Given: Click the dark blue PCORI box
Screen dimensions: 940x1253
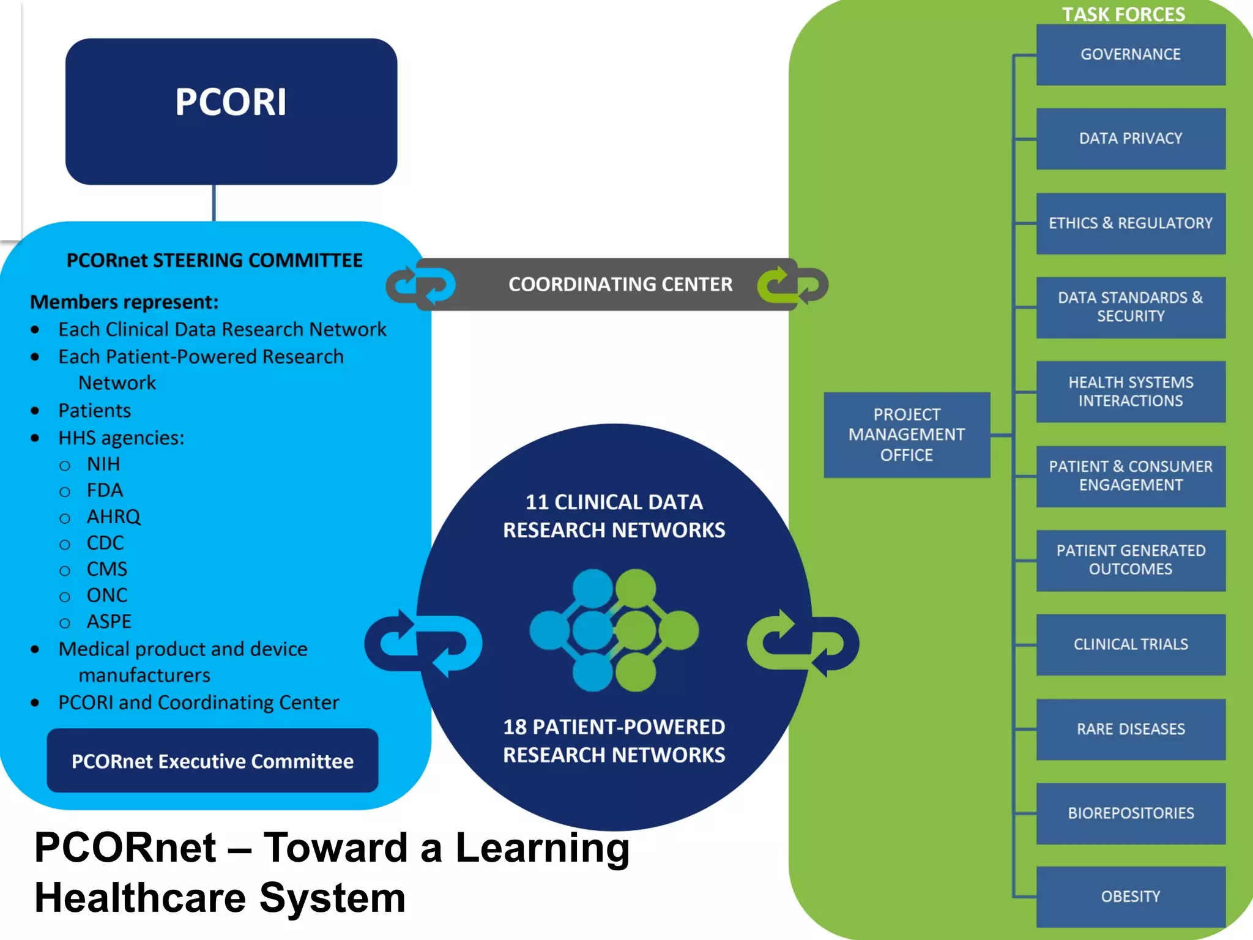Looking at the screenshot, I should click(x=231, y=111).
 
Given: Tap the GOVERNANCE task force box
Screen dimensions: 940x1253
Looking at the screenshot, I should click(x=1130, y=54).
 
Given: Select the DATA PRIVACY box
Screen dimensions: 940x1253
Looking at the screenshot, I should click(x=1130, y=139).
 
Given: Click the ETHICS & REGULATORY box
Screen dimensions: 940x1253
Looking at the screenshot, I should click(x=1130, y=223).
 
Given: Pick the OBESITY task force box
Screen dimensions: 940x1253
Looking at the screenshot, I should click(x=1130, y=897).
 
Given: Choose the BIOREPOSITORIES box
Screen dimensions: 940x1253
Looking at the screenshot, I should click(x=1130, y=813).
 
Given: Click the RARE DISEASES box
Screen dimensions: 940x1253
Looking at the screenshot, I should click(x=1130, y=729).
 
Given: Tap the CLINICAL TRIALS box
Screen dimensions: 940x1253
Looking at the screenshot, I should click(x=1130, y=644).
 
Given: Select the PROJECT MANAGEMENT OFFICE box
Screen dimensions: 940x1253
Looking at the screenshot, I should click(x=906, y=435).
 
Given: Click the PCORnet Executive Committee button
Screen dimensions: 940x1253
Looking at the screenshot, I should click(x=212, y=761).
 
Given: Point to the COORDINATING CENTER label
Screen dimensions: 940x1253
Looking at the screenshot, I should click(x=620, y=285).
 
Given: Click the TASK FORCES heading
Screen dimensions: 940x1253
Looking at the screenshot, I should click(x=1123, y=13).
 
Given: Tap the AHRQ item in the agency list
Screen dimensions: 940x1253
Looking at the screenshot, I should click(x=113, y=517).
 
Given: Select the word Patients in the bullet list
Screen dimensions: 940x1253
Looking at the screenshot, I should click(x=94, y=410).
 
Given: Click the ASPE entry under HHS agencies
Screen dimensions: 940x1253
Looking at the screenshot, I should click(x=109, y=621).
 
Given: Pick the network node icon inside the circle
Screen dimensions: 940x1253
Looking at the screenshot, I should click(x=614, y=630).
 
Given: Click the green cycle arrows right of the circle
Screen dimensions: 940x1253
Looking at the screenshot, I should click(x=803, y=643).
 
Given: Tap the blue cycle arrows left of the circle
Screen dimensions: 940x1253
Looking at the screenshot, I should click(x=423, y=643).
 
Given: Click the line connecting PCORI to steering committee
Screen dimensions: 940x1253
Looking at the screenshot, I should click(x=214, y=203).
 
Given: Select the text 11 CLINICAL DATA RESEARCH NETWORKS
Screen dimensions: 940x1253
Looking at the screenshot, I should click(x=614, y=515).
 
